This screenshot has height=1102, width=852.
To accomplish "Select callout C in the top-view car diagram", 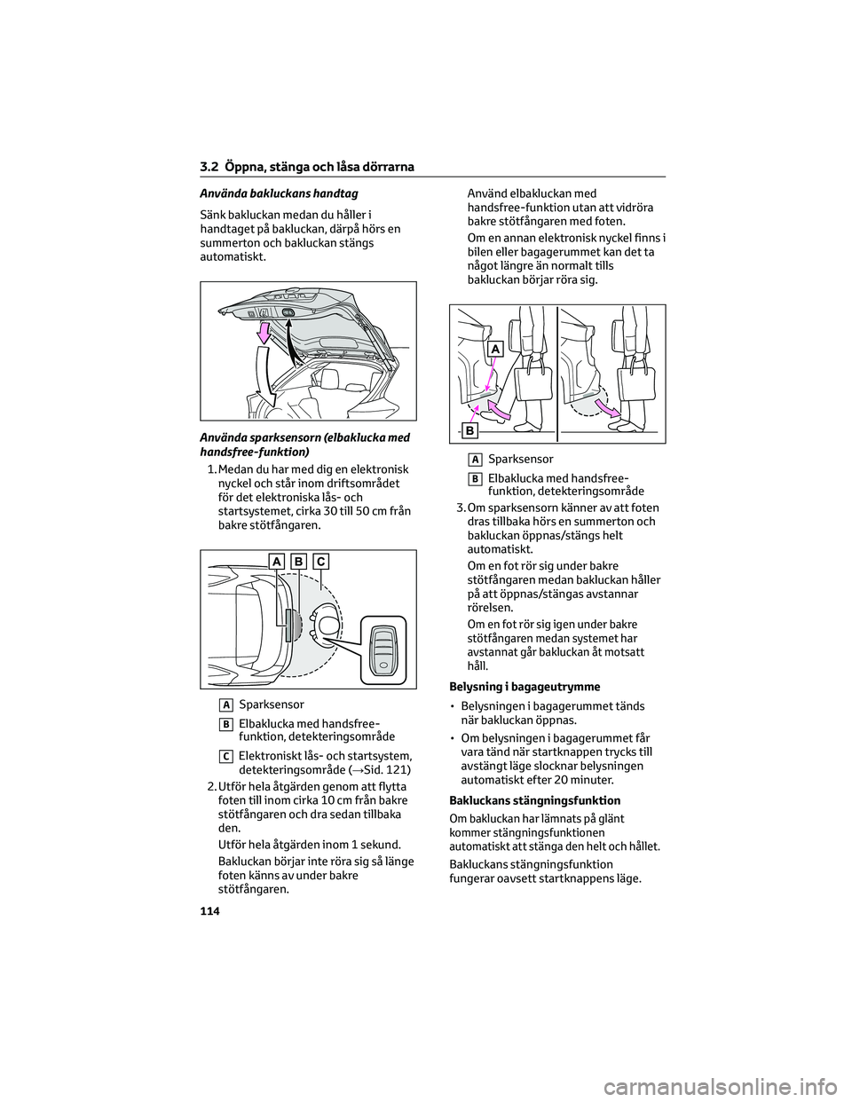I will point(319,561).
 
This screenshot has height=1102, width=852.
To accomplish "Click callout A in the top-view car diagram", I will point(276,561).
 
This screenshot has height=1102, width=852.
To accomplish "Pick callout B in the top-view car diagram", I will point(297,561).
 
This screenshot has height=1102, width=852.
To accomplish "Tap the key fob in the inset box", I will point(383,646).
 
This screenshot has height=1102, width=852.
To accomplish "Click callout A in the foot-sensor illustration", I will point(494,349).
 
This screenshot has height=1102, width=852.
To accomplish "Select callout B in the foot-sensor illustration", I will point(469,431).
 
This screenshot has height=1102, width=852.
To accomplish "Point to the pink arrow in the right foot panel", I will point(609,410).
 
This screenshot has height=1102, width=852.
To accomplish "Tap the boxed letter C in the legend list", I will point(229,755).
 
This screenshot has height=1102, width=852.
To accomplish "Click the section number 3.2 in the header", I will point(209,167).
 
